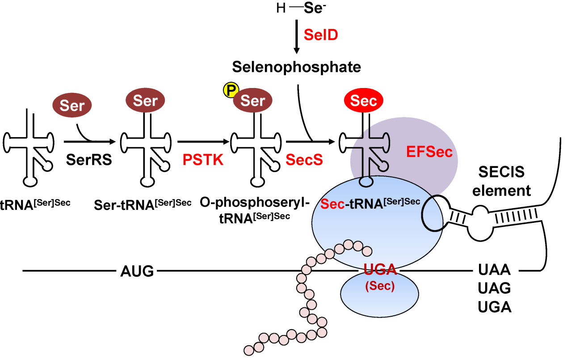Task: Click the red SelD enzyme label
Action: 320,35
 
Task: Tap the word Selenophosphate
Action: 296,67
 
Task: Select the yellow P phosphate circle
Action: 231,91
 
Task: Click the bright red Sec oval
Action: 363,100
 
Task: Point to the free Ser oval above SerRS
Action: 72,106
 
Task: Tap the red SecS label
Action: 304,159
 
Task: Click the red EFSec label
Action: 429,152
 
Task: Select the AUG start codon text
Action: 137,271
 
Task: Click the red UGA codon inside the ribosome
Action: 380,270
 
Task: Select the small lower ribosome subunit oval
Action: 380,294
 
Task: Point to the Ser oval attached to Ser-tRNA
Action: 145,100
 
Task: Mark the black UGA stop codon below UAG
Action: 494,307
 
